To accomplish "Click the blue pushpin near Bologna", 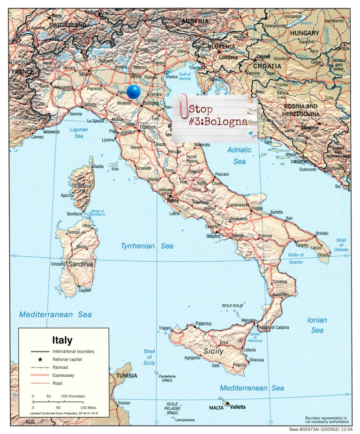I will [x=134, y=91].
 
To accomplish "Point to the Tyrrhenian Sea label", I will [x=147, y=246].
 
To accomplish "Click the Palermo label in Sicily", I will [x=203, y=323].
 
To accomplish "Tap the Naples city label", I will [x=213, y=236].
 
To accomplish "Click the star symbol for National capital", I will [x=40, y=359].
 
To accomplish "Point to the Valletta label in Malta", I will [x=237, y=407].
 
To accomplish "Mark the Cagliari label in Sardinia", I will [x=84, y=290].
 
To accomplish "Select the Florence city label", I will [x=148, y=127].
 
